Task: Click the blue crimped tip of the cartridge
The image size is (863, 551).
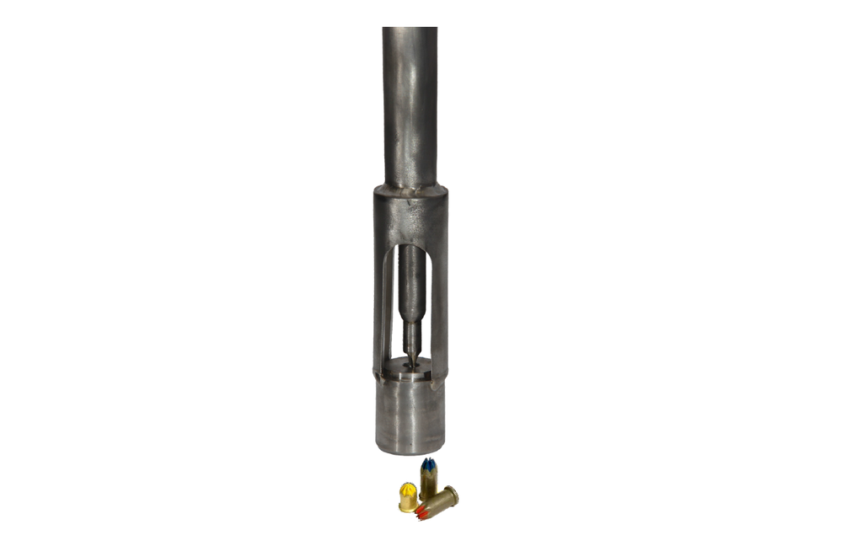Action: point(428,464)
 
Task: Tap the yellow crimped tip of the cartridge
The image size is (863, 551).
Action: point(408,489)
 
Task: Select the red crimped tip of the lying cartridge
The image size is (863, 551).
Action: point(424,509)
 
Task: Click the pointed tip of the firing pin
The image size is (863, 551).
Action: point(411,362)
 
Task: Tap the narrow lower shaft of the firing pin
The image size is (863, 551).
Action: point(411,337)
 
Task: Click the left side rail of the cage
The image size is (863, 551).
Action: point(382,303)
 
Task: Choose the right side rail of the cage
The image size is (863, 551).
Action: point(440,303)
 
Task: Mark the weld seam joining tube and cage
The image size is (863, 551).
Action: point(410,190)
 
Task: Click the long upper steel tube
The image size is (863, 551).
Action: point(410,101)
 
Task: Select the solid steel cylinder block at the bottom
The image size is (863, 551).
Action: point(410,413)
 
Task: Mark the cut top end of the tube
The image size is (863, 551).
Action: point(410,29)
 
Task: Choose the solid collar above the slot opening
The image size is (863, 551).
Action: point(410,217)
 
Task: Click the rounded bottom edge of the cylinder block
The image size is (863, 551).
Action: point(410,451)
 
